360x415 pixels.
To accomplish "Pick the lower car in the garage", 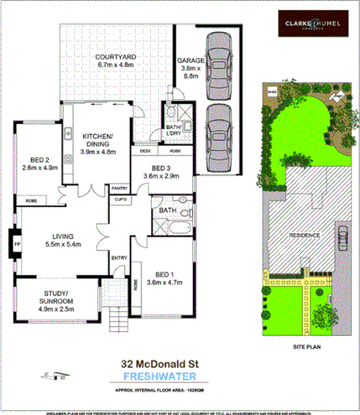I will (219, 132).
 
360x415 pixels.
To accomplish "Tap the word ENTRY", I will (119, 257).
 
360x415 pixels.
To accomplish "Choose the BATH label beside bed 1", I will (167, 211).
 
